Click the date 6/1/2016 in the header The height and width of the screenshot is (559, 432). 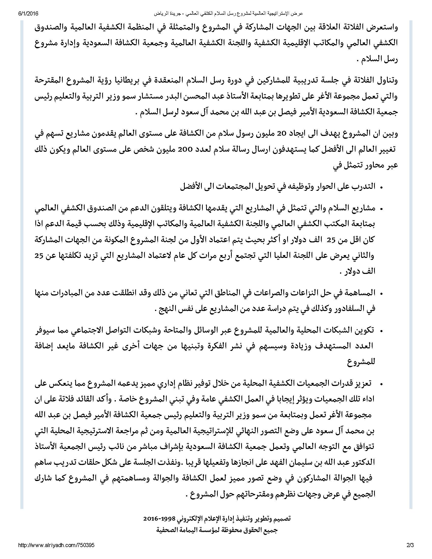tap(28, 13)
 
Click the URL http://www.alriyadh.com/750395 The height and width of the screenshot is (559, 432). tap(56, 546)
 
